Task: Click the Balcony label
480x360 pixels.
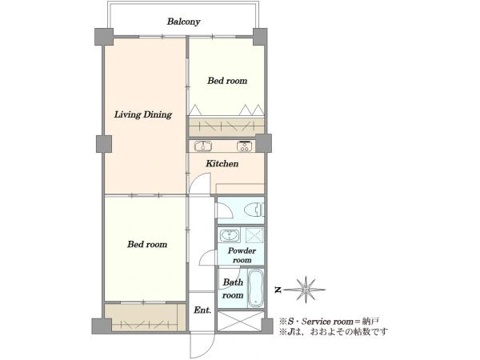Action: [184, 22]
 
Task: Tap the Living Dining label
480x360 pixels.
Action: [143, 114]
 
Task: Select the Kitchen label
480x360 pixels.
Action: [222, 163]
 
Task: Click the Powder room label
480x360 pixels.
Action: [242, 255]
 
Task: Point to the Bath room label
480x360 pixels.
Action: [233, 288]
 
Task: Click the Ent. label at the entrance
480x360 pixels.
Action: [202, 310]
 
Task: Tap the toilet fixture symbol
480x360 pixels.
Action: [254, 210]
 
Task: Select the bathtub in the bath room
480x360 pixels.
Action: [256, 288]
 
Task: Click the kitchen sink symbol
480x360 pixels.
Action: [203, 146]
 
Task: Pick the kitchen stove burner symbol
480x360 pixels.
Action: [244, 146]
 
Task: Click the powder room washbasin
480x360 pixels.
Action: [229, 235]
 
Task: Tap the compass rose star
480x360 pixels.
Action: [306, 290]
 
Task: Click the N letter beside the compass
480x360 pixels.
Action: [278, 290]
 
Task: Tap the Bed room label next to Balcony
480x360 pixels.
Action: [227, 81]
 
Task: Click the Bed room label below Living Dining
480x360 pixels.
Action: [147, 244]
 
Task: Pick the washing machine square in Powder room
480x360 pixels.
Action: [254, 235]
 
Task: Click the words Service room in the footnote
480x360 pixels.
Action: [327, 322]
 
